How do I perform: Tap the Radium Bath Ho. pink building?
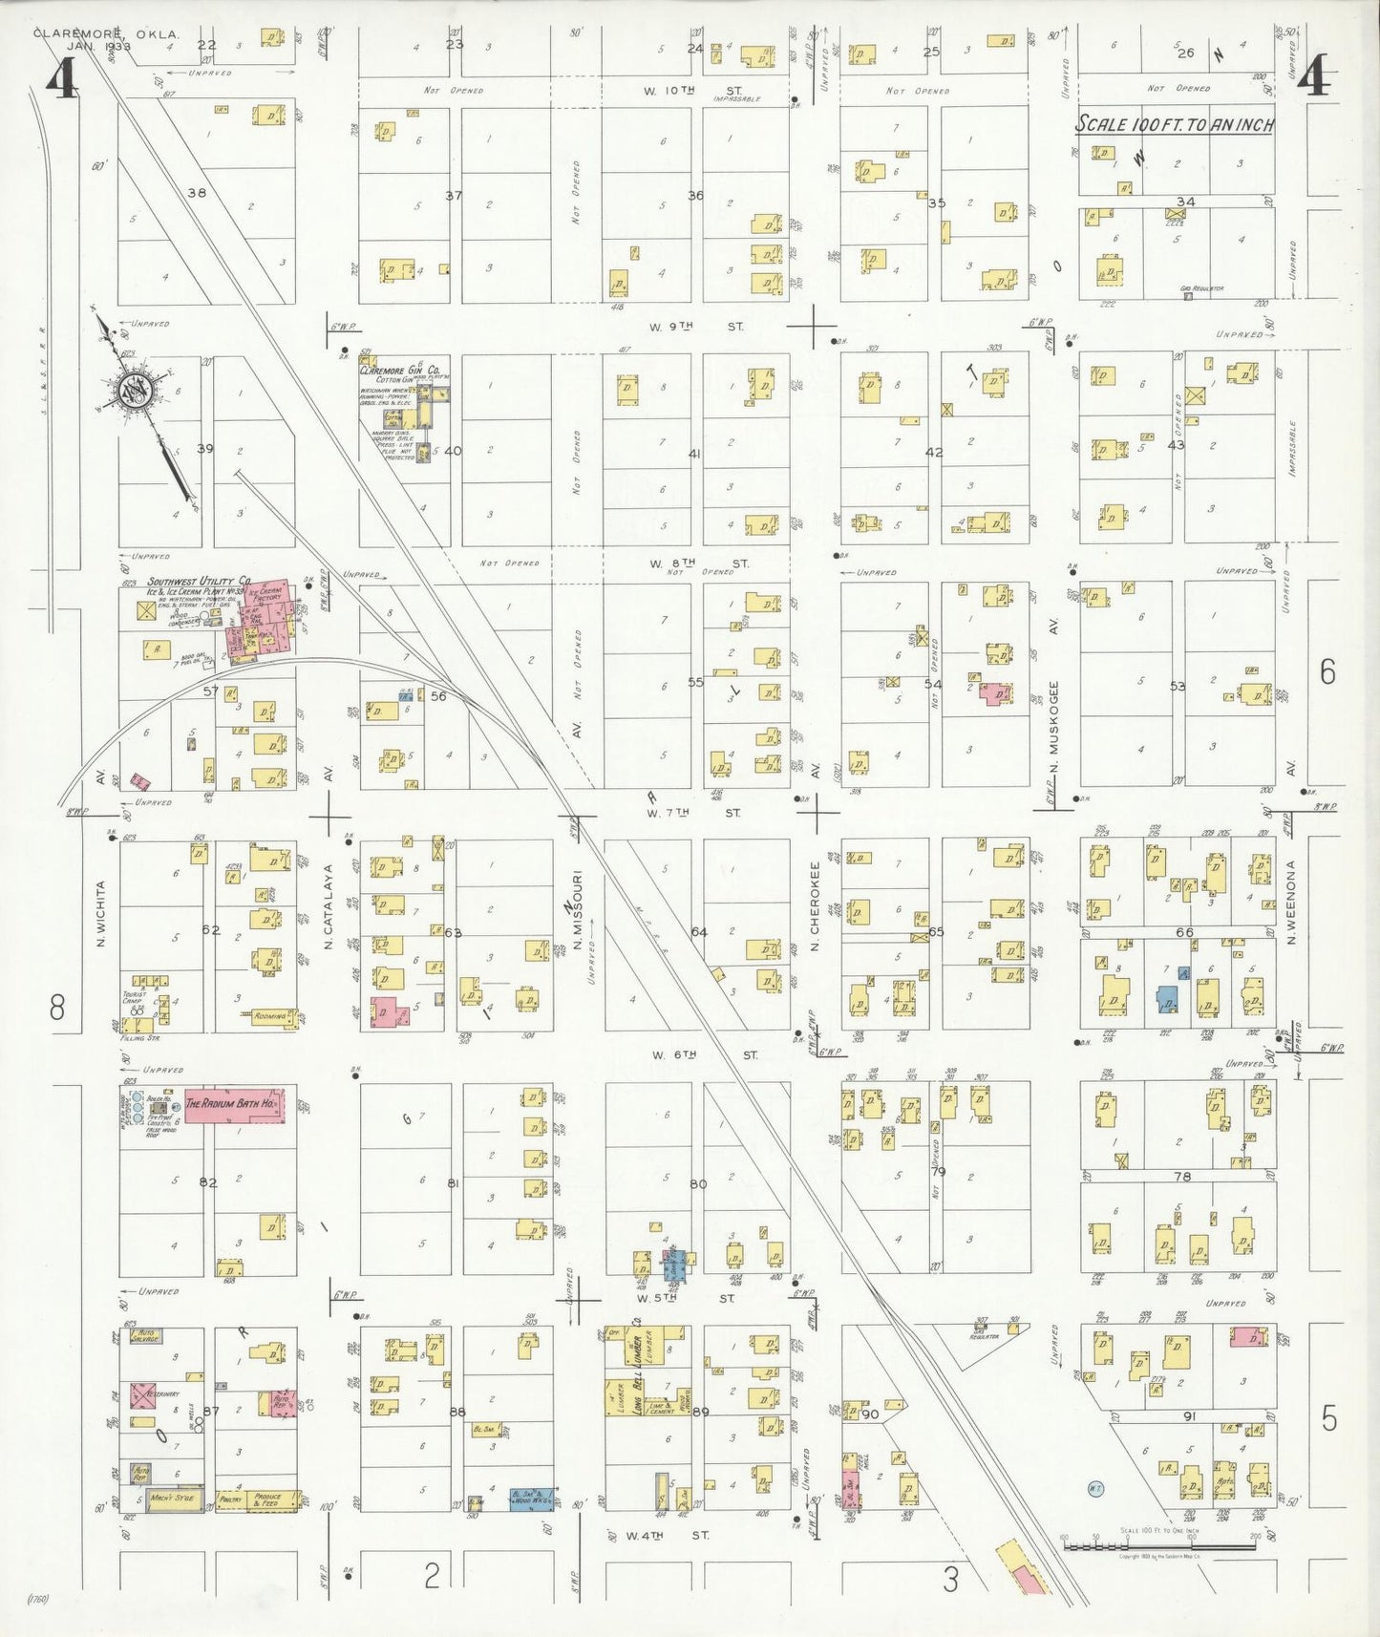(232, 1103)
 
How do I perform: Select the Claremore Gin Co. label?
(400, 370)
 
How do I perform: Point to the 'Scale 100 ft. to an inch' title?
(1175, 124)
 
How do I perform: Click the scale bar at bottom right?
(1158, 1543)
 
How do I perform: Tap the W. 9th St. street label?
(695, 327)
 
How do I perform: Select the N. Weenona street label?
(1289, 903)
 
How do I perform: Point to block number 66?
(1184, 932)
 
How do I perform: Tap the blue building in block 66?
(1167, 999)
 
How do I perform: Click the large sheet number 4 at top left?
(63, 78)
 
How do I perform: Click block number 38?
(197, 193)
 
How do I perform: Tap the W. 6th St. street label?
(707, 1054)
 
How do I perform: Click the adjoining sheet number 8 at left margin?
(57, 1007)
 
